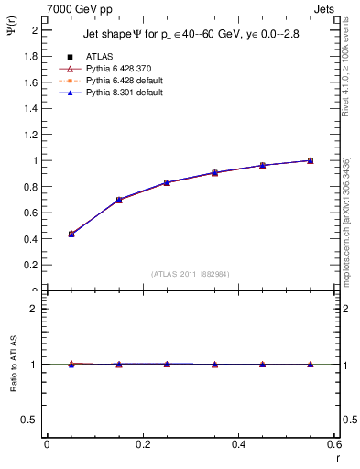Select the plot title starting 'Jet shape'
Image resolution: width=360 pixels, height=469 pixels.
click(x=191, y=34)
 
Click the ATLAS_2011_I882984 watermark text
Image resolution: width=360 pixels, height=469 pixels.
click(x=190, y=274)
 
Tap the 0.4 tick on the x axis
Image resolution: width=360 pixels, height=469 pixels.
click(x=239, y=445)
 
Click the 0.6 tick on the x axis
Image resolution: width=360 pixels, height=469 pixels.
click(x=334, y=445)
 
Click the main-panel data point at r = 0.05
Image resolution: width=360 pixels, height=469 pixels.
click(x=71, y=234)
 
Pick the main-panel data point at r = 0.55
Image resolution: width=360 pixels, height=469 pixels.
click(x=311, y=160)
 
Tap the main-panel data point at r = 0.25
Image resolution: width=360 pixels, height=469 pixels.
click(x=167, y=182)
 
